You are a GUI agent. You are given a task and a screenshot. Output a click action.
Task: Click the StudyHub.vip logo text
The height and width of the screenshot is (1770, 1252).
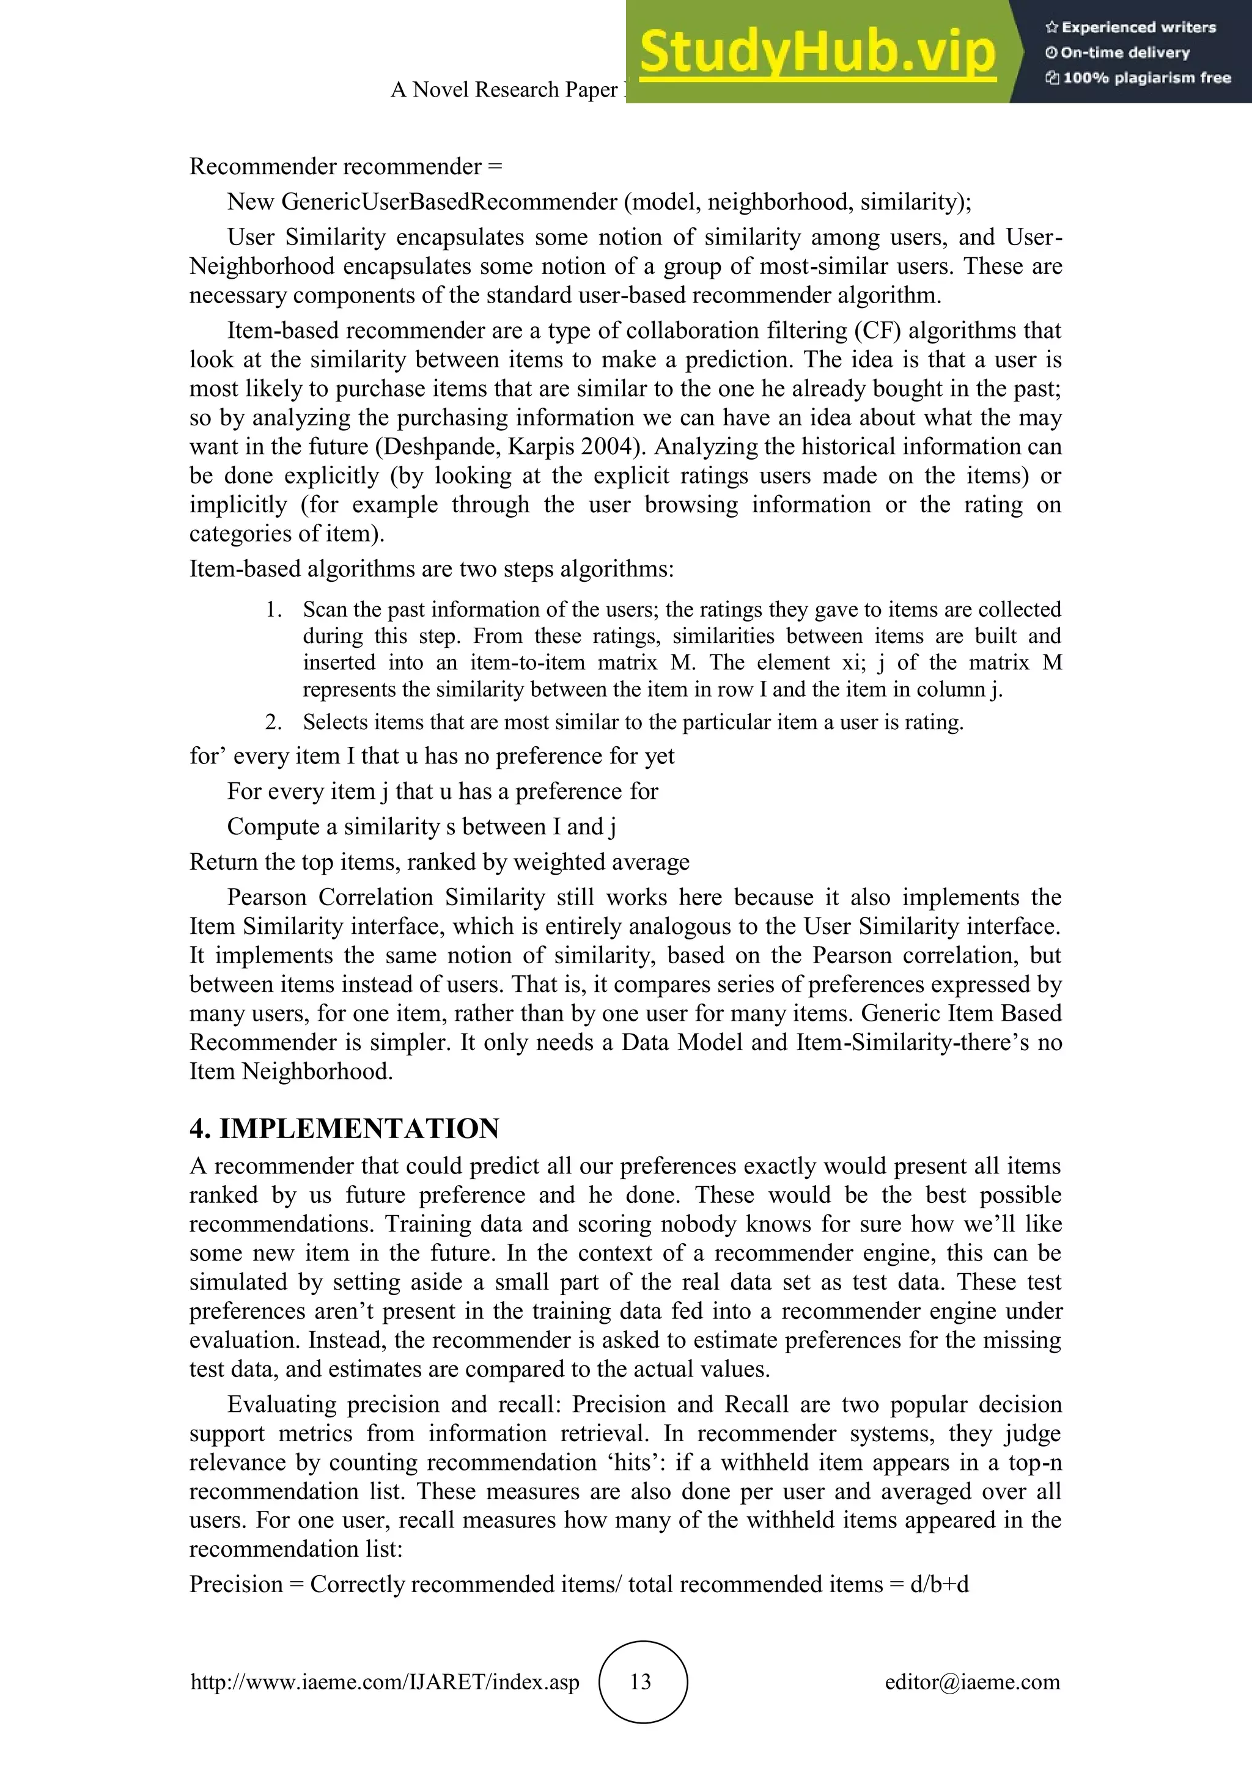[817, 53]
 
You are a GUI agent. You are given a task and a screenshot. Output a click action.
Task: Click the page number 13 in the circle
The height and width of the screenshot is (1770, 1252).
[641, 1681]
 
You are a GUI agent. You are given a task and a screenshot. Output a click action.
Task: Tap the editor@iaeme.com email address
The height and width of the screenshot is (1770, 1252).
[972, 1681]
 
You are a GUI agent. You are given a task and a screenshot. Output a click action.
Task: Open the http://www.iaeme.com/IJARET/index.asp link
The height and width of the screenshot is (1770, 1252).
[385, 1681]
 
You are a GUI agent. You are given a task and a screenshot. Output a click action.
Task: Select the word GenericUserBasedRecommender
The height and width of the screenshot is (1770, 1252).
[449, 202]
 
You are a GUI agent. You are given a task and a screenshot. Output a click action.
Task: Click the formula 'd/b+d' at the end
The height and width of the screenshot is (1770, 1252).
[939, 1585]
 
